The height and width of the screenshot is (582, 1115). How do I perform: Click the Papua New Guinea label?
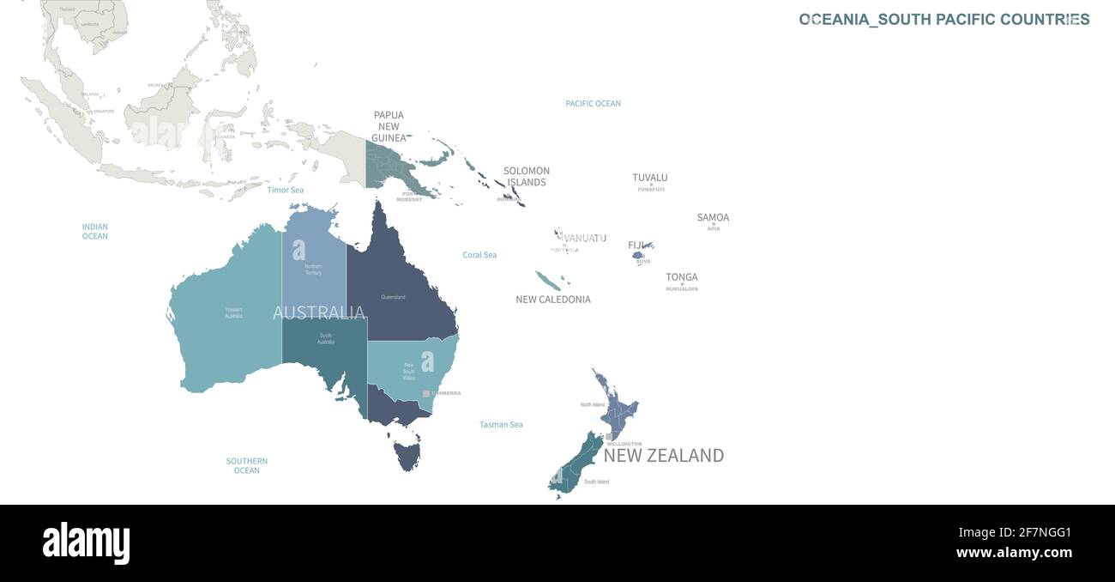389,126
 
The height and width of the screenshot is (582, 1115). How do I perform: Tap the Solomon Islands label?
527,176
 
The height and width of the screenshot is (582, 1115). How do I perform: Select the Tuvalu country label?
650,178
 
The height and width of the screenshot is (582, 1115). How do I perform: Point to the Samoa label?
713,217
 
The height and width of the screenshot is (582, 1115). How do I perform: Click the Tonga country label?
682,277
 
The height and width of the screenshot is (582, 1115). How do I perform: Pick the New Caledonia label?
553,300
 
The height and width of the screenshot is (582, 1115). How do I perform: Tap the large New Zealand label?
664,456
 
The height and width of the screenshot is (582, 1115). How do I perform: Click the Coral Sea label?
479,255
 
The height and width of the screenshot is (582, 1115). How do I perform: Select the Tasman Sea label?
501,425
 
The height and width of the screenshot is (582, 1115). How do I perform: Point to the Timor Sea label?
286,190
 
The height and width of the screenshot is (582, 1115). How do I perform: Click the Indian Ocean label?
95,231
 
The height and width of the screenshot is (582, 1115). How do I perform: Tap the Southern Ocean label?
247,465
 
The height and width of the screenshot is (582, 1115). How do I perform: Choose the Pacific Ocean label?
593,104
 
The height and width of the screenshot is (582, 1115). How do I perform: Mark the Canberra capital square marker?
425,393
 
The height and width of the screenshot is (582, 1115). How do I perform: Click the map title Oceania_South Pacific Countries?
944,20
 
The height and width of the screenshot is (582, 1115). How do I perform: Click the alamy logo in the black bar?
86,543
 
